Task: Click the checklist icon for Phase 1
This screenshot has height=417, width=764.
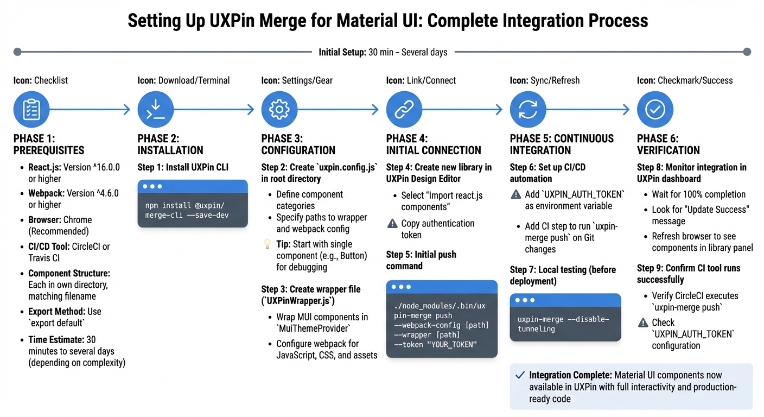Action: click(x=31, y=109)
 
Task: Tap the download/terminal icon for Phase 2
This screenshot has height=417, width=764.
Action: click(x=156, y=109)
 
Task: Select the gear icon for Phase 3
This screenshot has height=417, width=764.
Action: click(x=279, y=109)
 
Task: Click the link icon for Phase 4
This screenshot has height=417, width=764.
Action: click(x=404, y=109)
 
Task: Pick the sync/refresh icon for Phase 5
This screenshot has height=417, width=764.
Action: click(x=528, y=109)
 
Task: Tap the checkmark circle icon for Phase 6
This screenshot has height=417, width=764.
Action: click(x=655, y=109)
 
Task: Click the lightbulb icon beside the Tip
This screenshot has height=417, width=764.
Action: click(x=267, y=244)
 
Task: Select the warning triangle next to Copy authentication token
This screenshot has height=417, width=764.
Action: click(x=392, y=224)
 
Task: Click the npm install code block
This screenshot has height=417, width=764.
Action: click(x=193, y=204)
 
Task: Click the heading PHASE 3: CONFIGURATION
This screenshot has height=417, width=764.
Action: click(x=298, y=144)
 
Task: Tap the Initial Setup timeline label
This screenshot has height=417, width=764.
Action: click(x=383, y=52)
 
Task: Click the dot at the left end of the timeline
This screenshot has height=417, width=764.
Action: click(x=17, y=52)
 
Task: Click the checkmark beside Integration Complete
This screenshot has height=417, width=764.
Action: click(x=520, y=375)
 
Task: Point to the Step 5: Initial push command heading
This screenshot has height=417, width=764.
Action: click(x=421, y=260)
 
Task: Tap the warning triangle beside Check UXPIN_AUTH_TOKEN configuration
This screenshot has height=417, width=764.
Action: click(x=643, y=323)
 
